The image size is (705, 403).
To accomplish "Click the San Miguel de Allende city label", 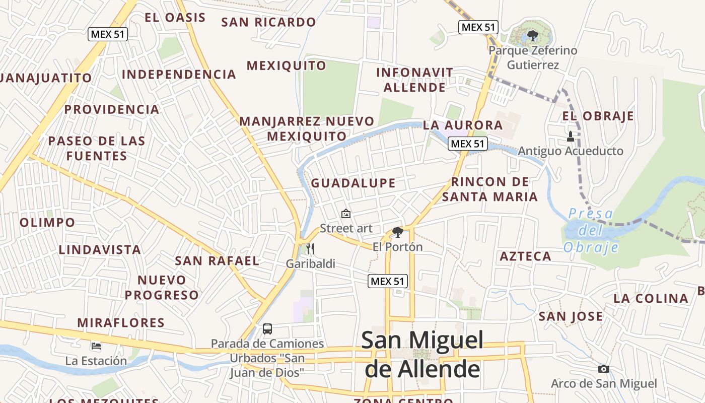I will click(422, 354).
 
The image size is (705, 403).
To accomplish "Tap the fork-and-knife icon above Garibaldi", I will click(310, 248).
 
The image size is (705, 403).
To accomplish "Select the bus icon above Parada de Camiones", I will click(267, 329).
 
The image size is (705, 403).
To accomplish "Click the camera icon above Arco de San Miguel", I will click(604, 369).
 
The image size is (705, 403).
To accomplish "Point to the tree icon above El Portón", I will click(398, 232).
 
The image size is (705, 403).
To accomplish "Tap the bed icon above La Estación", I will click(96, 346).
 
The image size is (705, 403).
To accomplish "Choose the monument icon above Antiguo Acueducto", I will click(571, 136).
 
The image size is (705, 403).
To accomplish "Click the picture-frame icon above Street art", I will click(346, 214).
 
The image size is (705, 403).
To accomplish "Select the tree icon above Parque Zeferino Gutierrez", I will click(532, 36).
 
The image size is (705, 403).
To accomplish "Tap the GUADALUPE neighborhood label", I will click(353, 183).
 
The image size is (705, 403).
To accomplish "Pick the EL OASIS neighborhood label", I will click(175, 18).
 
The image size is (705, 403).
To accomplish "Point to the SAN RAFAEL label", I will click(217, 260).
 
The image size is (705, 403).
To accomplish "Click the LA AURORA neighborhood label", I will click(463, 125).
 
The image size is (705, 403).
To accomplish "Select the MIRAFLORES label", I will click(121, 322).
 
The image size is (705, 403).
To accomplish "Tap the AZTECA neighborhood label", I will click(525, 256).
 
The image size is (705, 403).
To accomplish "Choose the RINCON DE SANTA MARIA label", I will click(490, 189).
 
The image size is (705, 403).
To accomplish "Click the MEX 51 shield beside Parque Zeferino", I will click(478, 27).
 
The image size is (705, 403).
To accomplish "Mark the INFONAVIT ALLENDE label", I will click(414, 80).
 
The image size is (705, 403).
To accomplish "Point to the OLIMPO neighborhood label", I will click(47, 222).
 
